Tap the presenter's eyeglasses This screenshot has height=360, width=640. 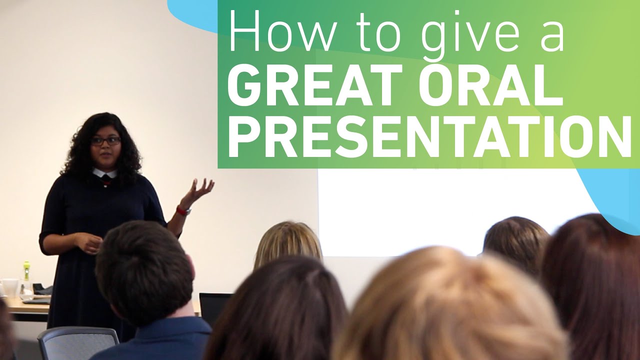(x=105, y=141)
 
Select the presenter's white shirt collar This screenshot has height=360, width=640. (x=104, y=173)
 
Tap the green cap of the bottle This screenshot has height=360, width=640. (x=26, y=264)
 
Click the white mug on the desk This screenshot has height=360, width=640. (x=9, y=287)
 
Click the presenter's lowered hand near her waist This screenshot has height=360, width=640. (x=89, y=243)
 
